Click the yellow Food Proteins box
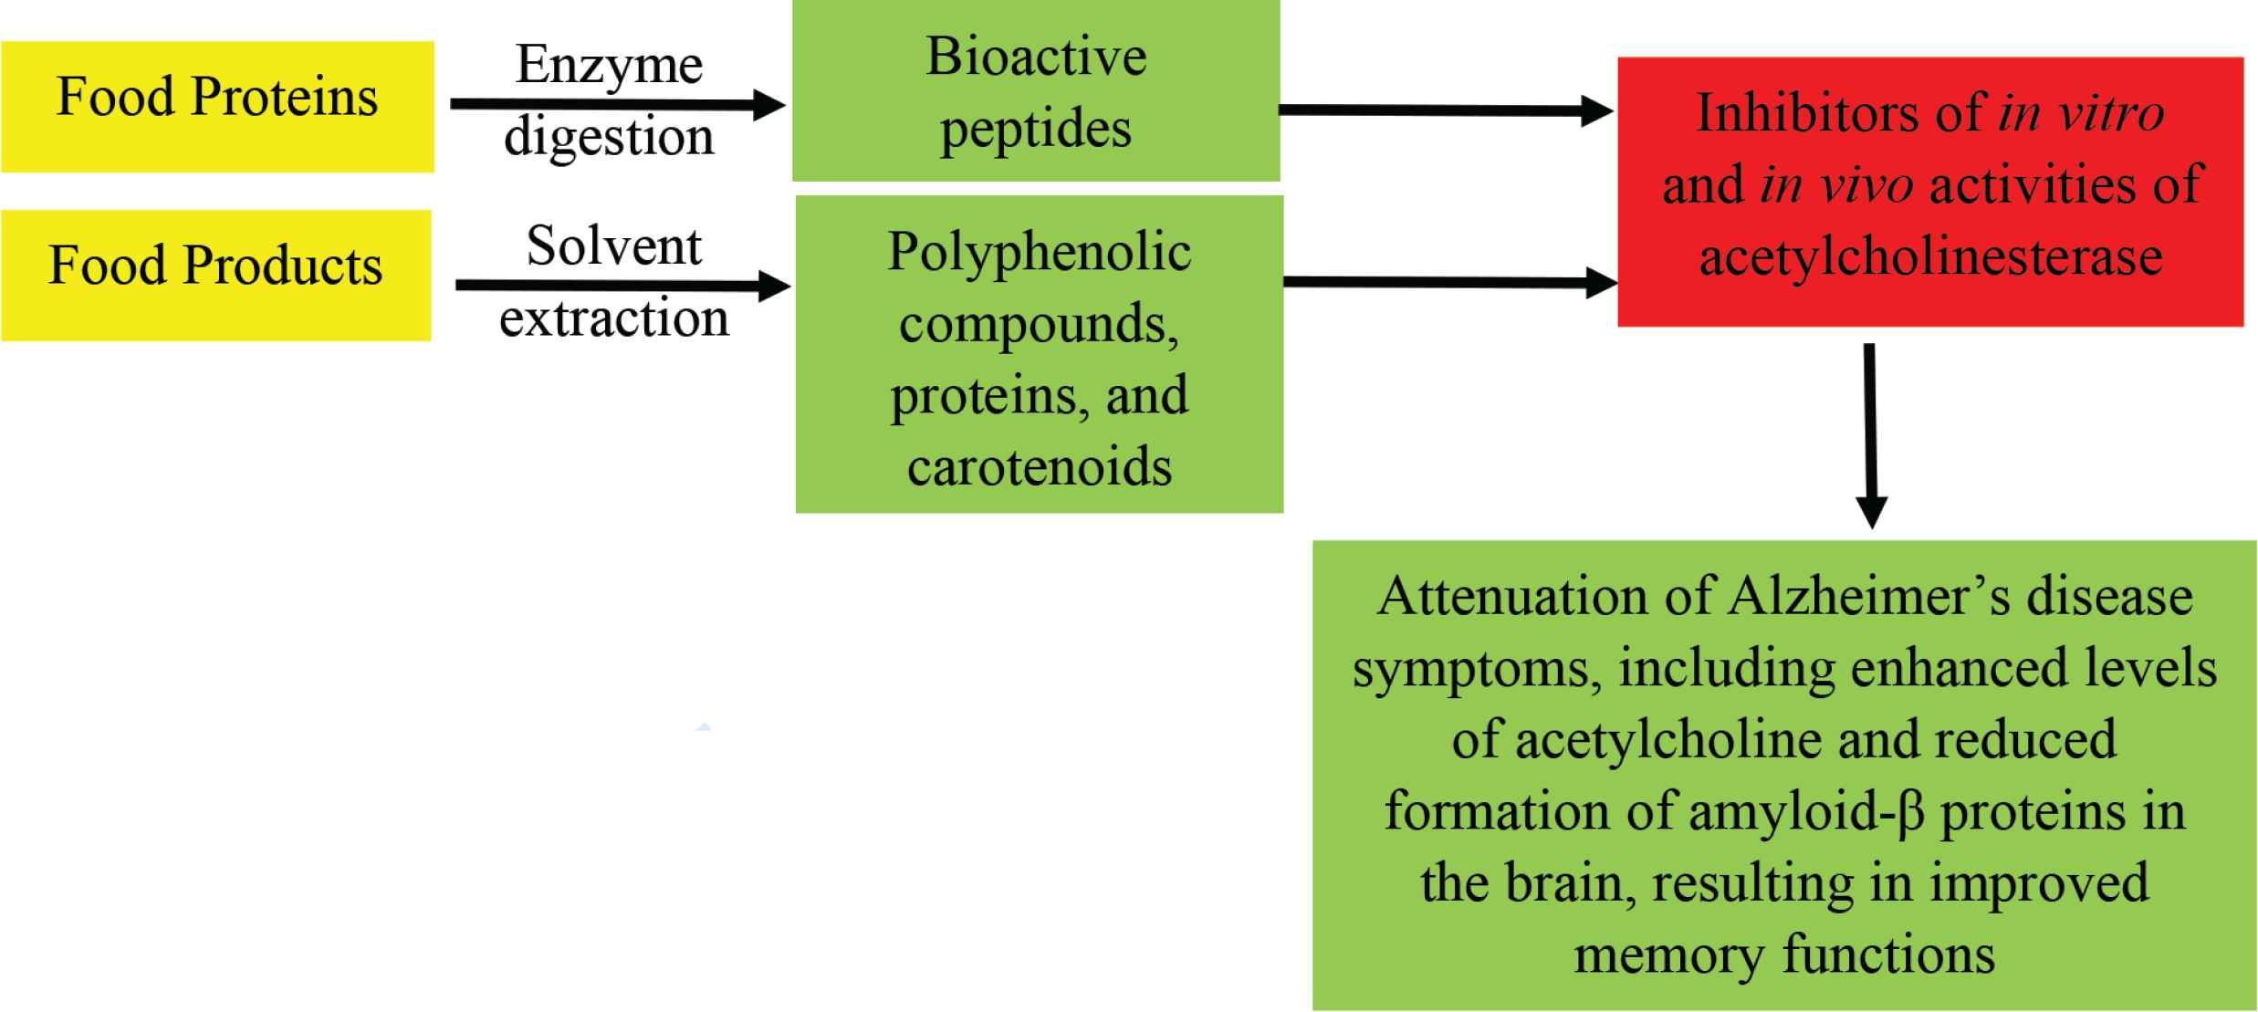pos(217,106)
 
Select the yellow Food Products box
pos(215,275)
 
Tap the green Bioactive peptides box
pos(1036,91)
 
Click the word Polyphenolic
pos(1039,252)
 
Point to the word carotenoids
pos(1040,467)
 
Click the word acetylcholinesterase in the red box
pos(1930,256)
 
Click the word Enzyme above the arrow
pos(609,66)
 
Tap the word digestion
pos(609,137)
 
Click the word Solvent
pos(613,246)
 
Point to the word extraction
pos(613,318)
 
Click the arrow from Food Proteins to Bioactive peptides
pos(617,105)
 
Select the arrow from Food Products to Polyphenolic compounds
pos(622,287)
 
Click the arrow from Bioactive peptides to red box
pos(1446,111)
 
